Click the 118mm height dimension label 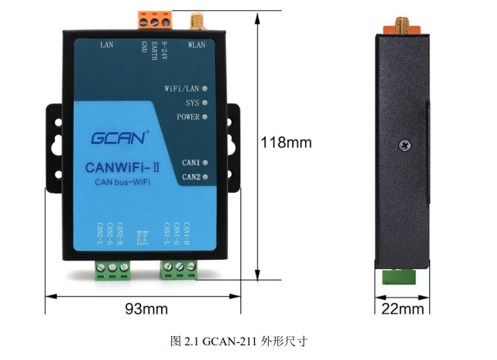click(x=286, y=143)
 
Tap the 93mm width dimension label click(x=146, y=308)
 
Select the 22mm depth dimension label click(x=402, y=308)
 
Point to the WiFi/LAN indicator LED click(x=205, y=89)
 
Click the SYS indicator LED click(x=205, y=103)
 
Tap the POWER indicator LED click(x=205, y=117)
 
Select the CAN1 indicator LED click(x=205, y=163)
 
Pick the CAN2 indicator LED click(x=205, y=177)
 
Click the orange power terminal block click(x=155, y=20)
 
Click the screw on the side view click(x=405, y=145)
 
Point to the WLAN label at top click(x=196, y=45)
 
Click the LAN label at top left click(x=107, y=45)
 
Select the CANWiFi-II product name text click(x=123, y=168)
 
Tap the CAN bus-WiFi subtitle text click(x=123, y=182)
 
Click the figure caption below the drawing click(x=239, y=341)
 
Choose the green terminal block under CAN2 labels click(x=112, y=271)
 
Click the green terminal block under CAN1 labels click(x=180, y=270)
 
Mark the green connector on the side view click(x=398, y=277)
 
